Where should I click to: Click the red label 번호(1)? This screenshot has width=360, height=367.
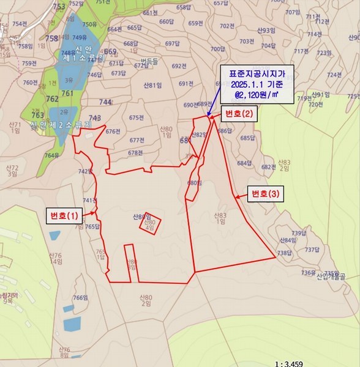coord(64,215)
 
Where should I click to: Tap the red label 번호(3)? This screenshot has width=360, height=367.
coord(265,194)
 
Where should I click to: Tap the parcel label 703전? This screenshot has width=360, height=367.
coord(247,42)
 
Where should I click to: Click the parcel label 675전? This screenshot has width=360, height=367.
coord(137,117)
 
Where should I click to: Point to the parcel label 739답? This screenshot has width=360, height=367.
coord(298,232)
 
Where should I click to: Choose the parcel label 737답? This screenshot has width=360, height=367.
coord(312,249)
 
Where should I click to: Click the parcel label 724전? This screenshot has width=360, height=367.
coord(334,75)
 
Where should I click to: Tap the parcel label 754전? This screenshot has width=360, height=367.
coord(20,23)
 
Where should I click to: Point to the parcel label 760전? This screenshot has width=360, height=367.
coord(30,82)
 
